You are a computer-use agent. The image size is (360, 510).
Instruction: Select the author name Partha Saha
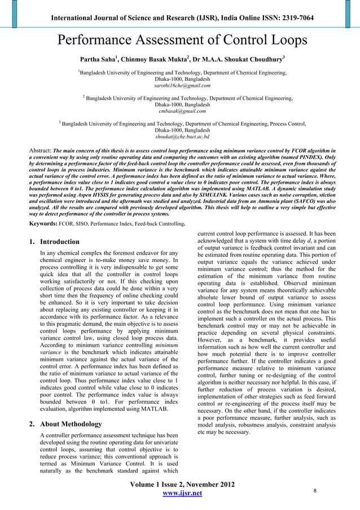pyautogui.click(x=99, y=59)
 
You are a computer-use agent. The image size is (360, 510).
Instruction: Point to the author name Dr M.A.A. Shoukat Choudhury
pyautogui.click(x=238, y=59)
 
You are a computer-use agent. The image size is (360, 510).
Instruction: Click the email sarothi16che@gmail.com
pyautogui.click(x=182, y=86)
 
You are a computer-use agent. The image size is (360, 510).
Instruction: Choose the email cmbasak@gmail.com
pyautogui.click(x=182, y=111)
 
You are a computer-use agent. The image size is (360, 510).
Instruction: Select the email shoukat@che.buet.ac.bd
pyautogui.click(x=182, y=136)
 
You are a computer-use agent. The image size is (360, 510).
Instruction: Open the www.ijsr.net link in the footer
pyautogui.click(x=182, y=494)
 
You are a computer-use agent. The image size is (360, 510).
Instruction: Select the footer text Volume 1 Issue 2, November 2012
pyautogui.click(x=182, y=484)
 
